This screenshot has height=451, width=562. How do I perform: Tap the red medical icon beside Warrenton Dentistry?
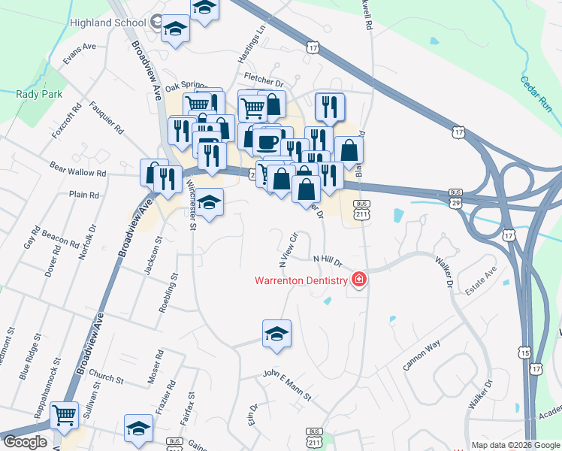359,280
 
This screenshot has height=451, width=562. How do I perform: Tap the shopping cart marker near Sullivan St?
65,413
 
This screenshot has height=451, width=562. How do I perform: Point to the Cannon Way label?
421,356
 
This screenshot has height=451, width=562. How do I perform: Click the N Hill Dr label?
328,260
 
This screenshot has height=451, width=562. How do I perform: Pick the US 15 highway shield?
524,353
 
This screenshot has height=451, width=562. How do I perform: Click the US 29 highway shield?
456,203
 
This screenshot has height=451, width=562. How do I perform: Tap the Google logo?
24,442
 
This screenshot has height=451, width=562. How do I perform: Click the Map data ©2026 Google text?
515,445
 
